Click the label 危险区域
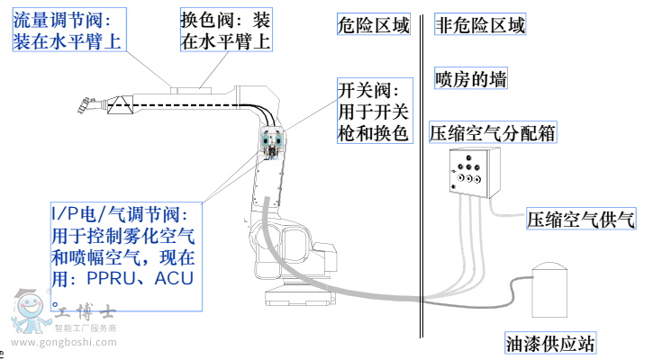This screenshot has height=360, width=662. tap(372, 25)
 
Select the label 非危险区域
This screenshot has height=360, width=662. tap(480, 25)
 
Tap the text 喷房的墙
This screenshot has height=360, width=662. tap(470, 79)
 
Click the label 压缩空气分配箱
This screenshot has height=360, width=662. tap(492, 133)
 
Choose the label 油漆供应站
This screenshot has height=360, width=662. tap(550, 343)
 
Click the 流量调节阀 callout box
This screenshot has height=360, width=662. tap(68, 30)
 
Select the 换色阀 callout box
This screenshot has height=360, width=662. tap(225, 30)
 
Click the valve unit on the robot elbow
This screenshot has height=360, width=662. tap(273, 144)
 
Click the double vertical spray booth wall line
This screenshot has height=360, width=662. tap(422, 180)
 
